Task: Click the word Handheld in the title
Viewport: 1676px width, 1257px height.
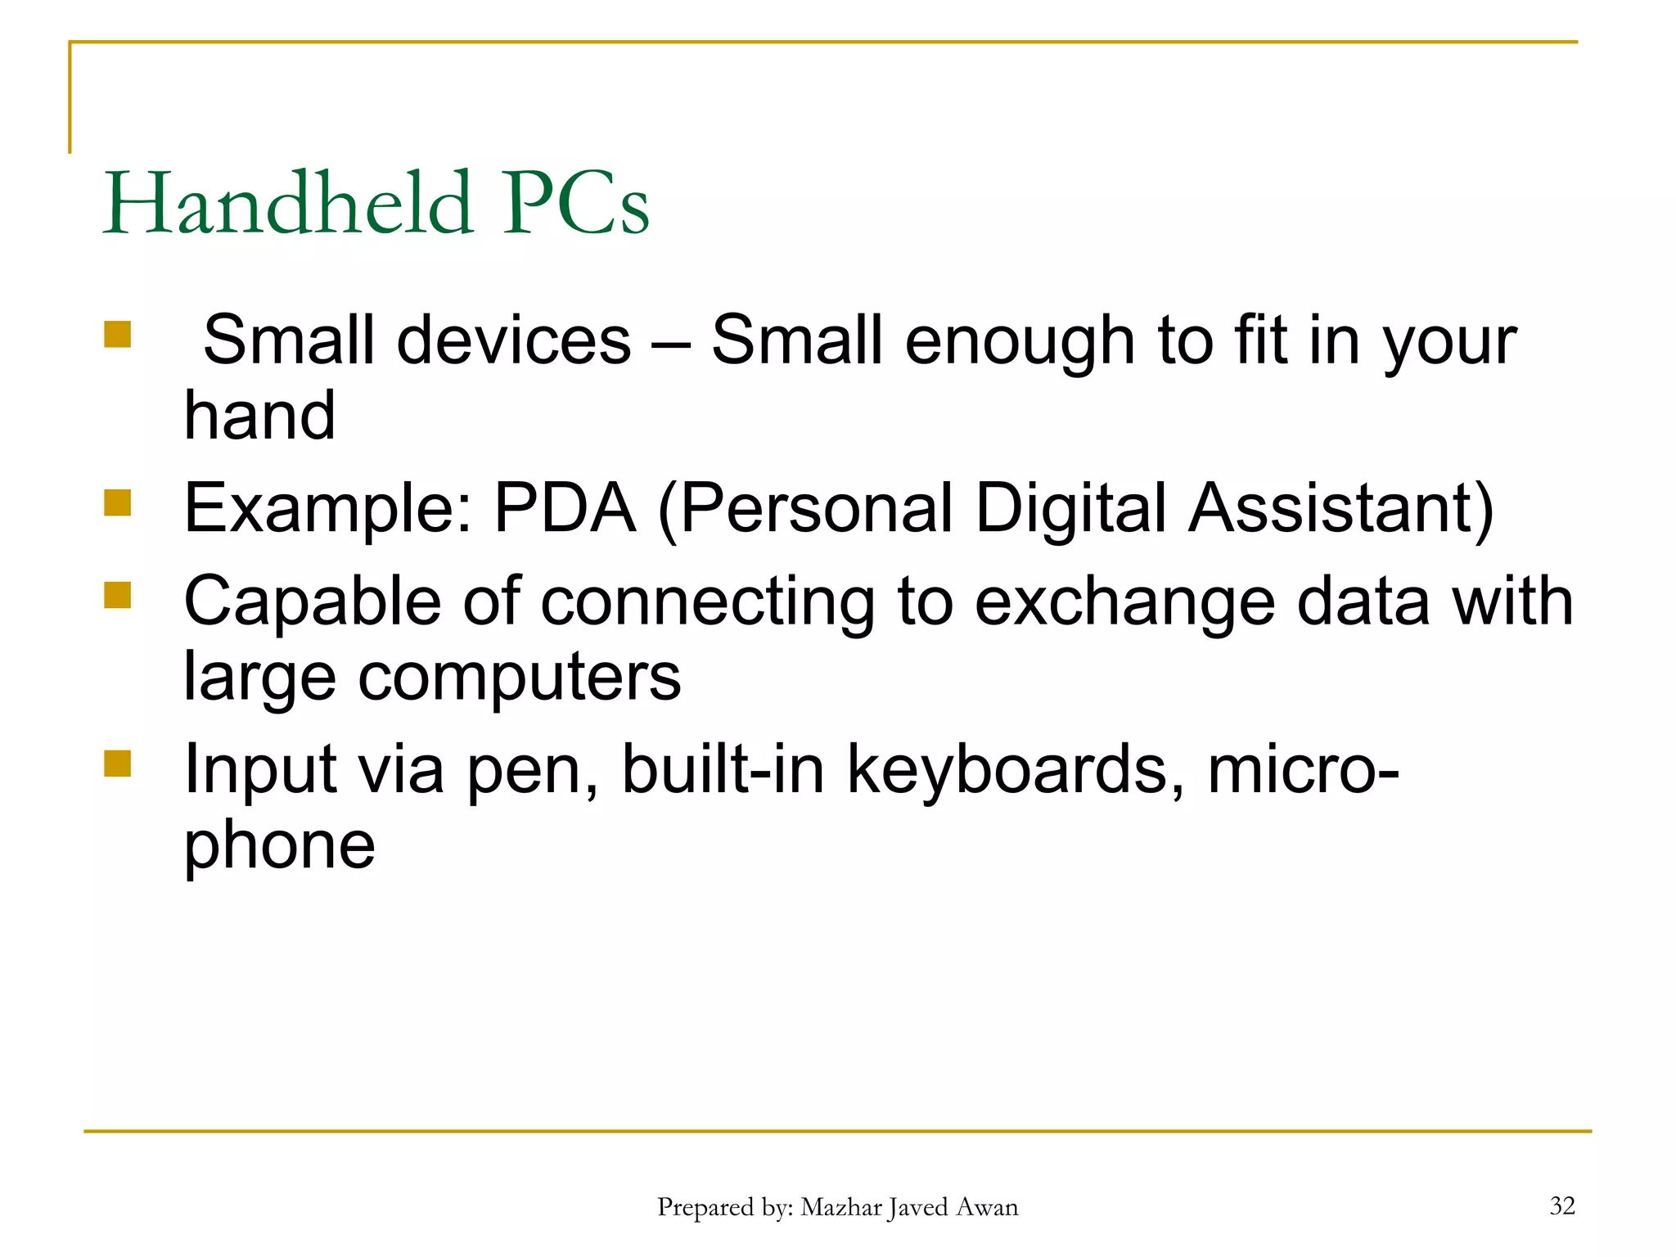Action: [288, 203]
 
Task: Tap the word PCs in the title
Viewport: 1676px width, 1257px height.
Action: [575, 203]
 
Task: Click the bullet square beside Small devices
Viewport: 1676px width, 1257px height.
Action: [118, 334]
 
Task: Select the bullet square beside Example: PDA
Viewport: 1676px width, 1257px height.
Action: [118, 502]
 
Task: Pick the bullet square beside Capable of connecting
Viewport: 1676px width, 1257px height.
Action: [118, 595]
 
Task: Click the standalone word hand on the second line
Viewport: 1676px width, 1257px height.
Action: [259, 415]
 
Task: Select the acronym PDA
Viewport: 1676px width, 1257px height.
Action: [565, 508]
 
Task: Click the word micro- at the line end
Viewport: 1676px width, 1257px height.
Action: [1303, 769]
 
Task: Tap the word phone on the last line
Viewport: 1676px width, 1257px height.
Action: [279, 846]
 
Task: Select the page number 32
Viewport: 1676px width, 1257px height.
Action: [1561, 1205]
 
